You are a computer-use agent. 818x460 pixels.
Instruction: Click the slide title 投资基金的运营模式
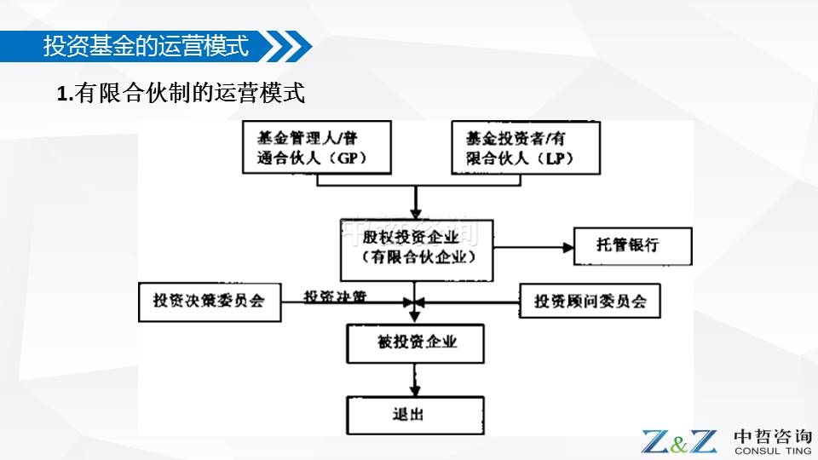pyautogui.click(x=146, y=46)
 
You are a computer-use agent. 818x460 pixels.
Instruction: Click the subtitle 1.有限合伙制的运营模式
pyautogui.click(x=181, y=94)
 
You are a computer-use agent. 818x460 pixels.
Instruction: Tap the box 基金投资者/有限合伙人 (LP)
pyautogui.click(x=526, y=147)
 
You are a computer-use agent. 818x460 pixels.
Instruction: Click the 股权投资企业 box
pyautogui.click(x=417, y=248)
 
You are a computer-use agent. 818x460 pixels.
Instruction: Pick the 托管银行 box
pyautogui.click(x=628, y=246)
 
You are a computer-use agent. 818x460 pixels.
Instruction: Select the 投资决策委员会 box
pyautogui.click(x=210, y=302)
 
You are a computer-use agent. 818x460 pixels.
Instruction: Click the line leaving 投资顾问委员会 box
pyautogui.click(x=469, y=302)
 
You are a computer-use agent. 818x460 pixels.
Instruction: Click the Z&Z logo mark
pyautogui.click(x=679, y=440)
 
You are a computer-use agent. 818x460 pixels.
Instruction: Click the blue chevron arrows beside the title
pyautogui.click(x=285, y=46)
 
